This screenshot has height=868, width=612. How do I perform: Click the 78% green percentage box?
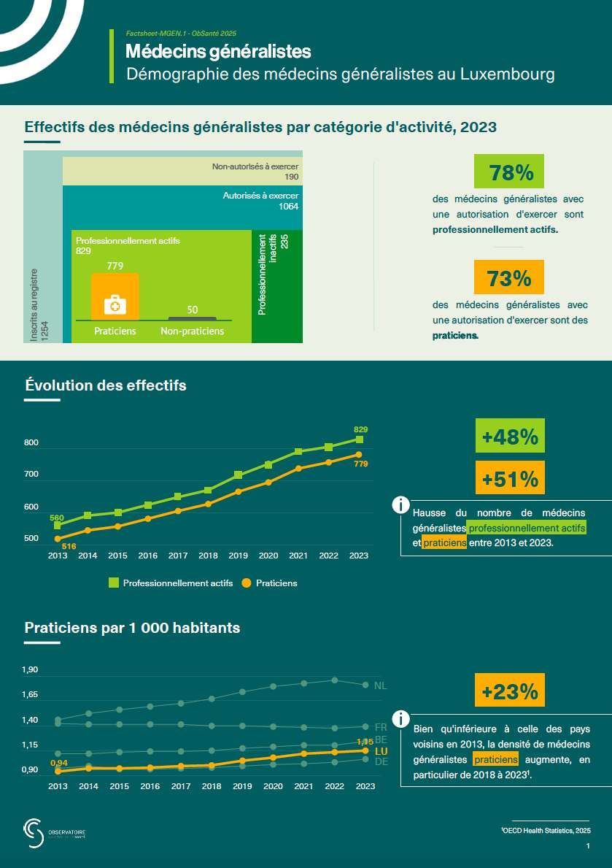point(509,172)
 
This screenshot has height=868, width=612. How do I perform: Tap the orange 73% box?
point(509,278)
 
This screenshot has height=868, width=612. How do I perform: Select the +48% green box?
point(510,437)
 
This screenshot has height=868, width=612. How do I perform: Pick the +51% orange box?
point(510,479)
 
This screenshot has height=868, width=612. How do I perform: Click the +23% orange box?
point(510,691)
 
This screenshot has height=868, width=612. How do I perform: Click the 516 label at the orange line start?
point(69,546)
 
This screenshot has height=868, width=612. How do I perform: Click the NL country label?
point(380,685)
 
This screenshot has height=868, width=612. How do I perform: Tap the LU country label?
point(380,751)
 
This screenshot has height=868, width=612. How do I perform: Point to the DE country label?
point(380,761)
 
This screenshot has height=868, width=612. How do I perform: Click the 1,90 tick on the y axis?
point(31,670)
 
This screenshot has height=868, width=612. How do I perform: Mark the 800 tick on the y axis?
point(31,443)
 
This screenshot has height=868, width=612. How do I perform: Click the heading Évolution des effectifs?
point(106,385)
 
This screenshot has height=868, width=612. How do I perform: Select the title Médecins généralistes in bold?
point(218,52)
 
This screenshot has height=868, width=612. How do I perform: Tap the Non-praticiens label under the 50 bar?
point(192,331)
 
